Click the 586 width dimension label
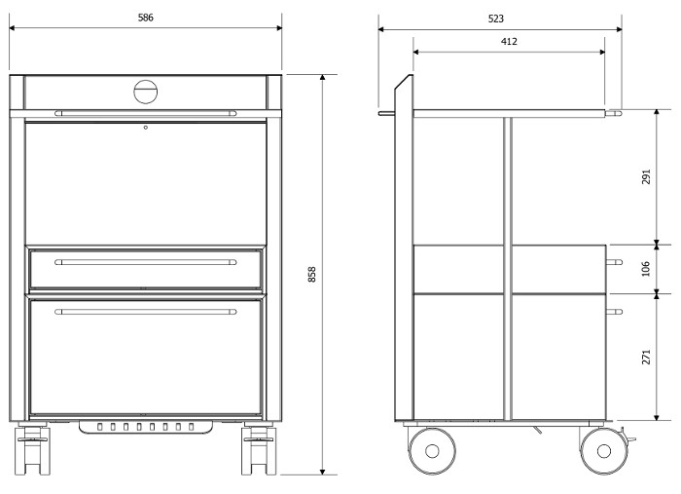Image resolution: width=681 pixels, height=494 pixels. click(x=146, y=18)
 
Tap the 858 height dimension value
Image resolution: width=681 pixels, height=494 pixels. click(x=312, y=275)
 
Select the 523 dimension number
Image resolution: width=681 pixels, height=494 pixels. click(x=496, y=19)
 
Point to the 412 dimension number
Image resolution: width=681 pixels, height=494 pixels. click(x=509, y=41)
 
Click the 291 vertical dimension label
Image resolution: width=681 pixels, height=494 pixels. click(x=646, y=177)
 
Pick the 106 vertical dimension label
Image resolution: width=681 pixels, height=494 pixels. click(x=646, y=268)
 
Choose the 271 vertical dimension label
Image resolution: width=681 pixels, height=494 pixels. click(x=646, y=357)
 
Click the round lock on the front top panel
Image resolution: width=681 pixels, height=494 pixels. click(x=146, y=92)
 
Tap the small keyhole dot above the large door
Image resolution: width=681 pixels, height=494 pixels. click(x=146, y=128)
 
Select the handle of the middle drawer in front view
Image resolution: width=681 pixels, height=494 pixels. click(x=146, y=262)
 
